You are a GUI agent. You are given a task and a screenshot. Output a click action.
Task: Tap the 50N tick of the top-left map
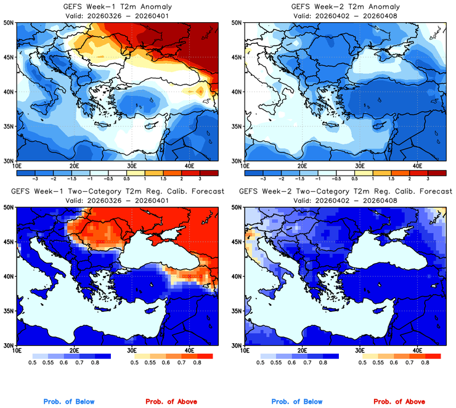(8, 23)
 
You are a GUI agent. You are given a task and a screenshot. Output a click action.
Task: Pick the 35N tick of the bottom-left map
(8, 312)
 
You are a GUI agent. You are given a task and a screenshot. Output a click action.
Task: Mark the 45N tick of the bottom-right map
(236, 243)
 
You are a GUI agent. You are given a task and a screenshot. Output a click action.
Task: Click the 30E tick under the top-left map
(131, 166)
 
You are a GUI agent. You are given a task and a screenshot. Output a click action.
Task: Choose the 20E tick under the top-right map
(302, 166)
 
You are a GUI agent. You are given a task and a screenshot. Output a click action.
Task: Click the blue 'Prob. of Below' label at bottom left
(68, 402)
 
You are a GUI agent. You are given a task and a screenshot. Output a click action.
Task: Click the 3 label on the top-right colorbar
(427, 177)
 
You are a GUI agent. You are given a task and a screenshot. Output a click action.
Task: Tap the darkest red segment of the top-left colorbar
(206, 170)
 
